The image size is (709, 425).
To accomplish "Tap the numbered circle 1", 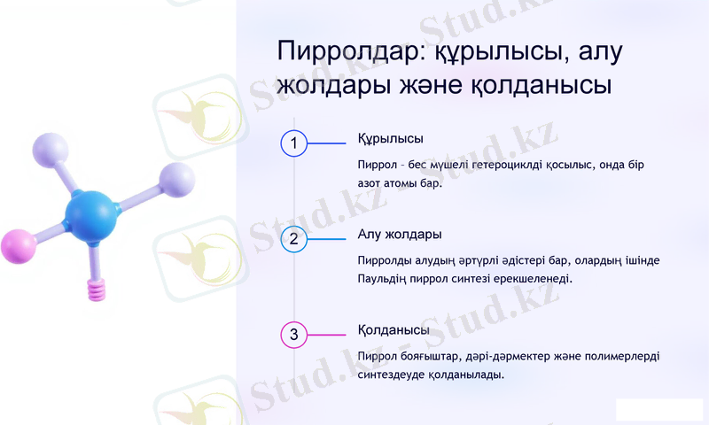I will pyautogui.click(x=293, y=143).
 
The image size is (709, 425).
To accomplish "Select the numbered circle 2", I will pyautogui.click(x=293, y=238).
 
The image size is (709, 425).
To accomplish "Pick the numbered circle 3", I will pyautogui.click(x=293, y=334).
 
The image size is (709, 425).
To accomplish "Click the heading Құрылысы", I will pyautogui.click(x=390, y=139).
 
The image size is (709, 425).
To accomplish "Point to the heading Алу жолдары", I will pyautogui.click(x=400, y=235).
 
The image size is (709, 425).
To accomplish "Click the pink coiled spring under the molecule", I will pyautogui.click(x=96, y=288).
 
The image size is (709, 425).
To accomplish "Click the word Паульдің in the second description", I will pyautogui.click(x=383, y=279).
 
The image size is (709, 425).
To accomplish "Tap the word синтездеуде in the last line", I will pyautogui.click(x=392, y=374).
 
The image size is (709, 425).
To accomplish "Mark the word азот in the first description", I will pyautogui.click(x=371, y=183).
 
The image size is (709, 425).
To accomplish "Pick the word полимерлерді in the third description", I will pyautogui.click(x=627, y=356).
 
